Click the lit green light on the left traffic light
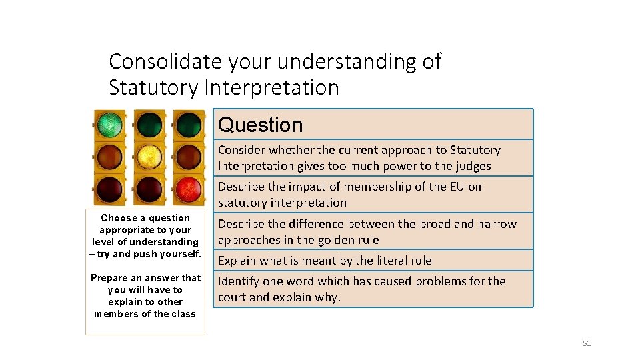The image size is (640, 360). [110, 124]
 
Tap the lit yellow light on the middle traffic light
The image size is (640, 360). [149, 157]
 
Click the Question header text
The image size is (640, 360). [260, 125]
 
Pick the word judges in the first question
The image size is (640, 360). [471, 166]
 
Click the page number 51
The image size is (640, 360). [587, 343]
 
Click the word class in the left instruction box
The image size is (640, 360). [183, 314]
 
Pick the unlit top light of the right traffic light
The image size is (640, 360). [189, 124]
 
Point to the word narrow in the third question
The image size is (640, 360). [497, 224]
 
